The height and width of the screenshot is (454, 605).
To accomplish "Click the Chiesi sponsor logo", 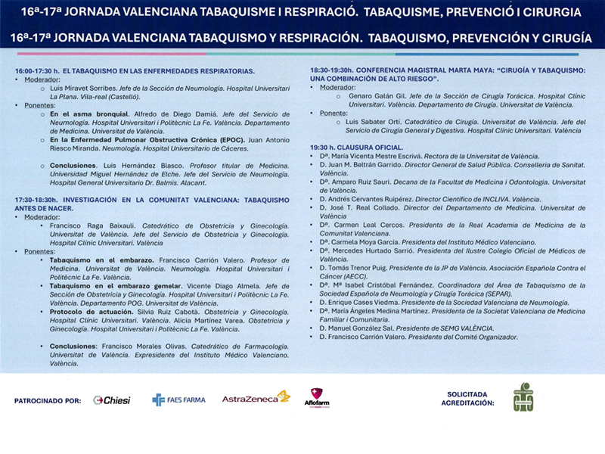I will tap(112, 400).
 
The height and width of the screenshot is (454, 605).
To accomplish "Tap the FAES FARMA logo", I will tap(178, 400).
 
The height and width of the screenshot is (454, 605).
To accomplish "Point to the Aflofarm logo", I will tap(316, 399).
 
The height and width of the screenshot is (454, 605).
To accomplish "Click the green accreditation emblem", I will tap(523, 398).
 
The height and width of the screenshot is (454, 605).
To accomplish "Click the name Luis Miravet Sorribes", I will tap(84, 89).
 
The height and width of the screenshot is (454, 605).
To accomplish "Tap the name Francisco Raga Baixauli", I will tap(88, 226).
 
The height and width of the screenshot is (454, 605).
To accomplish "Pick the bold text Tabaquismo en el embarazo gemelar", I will tap(103, 286).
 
